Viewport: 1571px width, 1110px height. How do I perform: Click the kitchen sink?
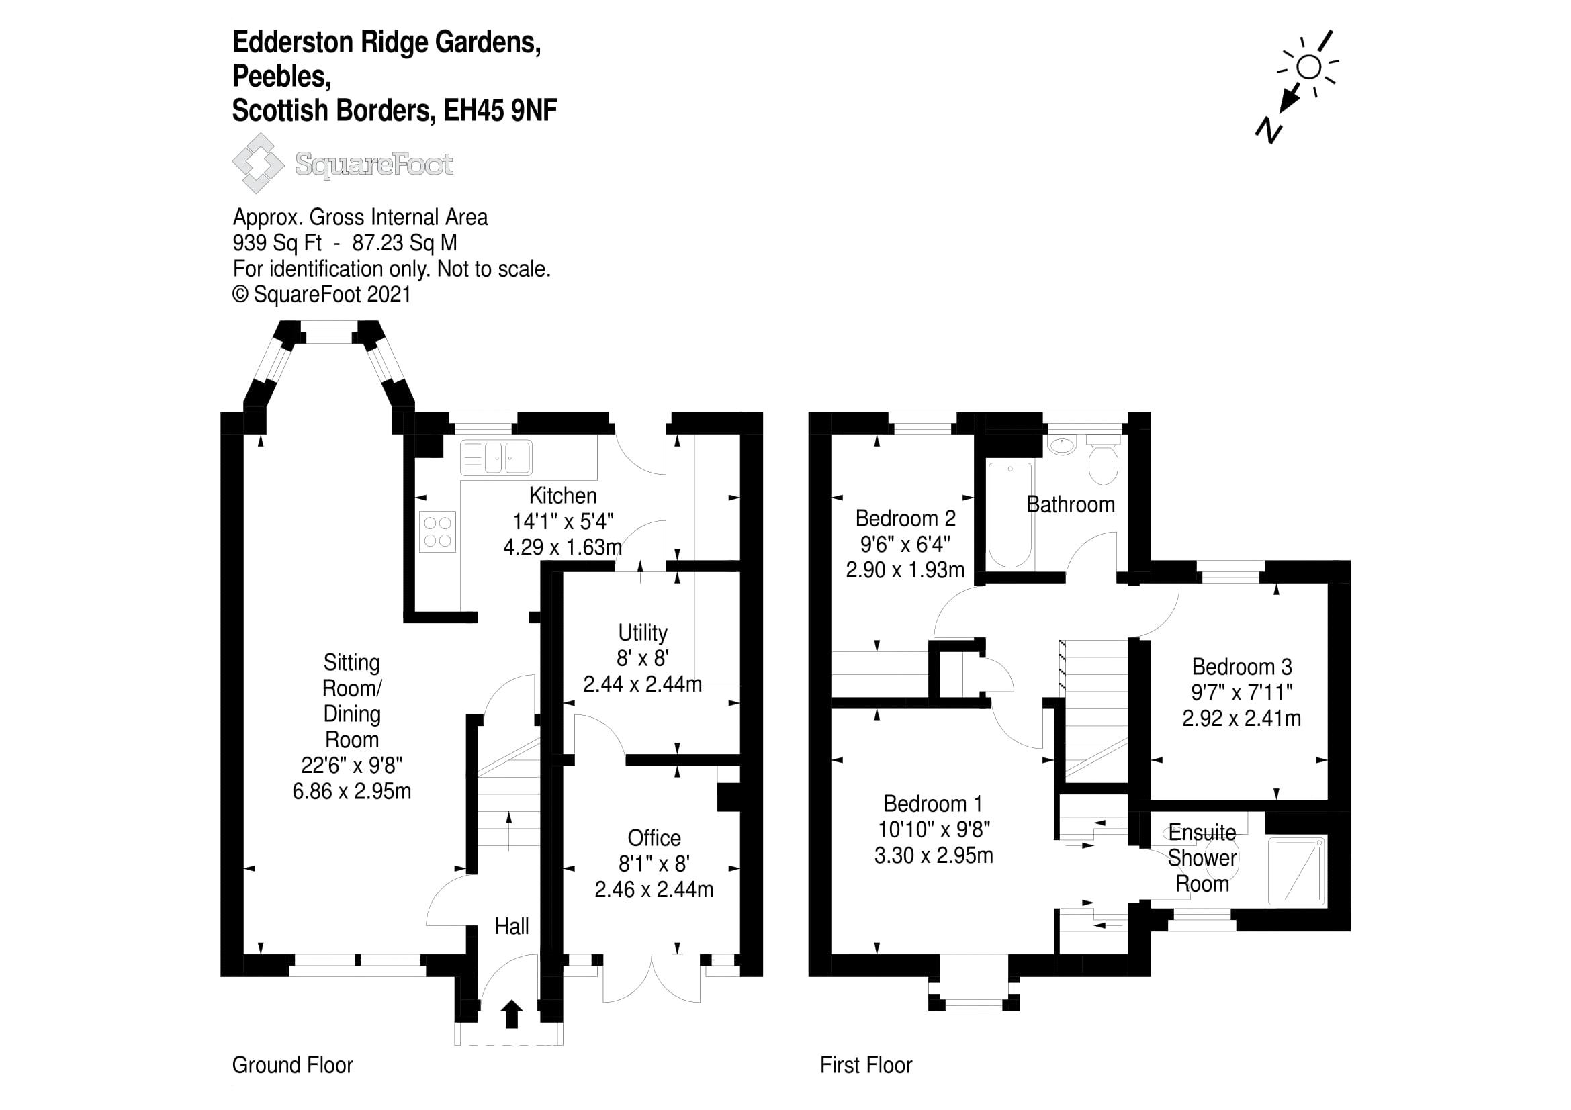click(x=497, y=457)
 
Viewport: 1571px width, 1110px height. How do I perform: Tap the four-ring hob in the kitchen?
click(x=437, y=531)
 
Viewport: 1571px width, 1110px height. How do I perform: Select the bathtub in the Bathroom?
click(x=1010, y=514)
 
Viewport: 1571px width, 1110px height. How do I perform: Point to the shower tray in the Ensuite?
click(x=1296, y=870)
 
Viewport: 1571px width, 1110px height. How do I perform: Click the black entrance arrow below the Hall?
click(x=511, y=1015)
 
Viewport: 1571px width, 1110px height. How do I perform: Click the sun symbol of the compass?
click(x=1309, y=67)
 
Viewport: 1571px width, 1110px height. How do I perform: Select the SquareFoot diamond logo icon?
click(x=258, y=163)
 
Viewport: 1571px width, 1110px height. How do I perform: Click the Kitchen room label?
click(x=562, y=495)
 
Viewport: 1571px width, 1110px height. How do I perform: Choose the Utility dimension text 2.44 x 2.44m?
click(x=642, y=684)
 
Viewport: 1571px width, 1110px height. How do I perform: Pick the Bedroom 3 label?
click(x=1241, y=666)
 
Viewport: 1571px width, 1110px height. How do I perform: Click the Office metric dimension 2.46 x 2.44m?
click(x=654, y=889)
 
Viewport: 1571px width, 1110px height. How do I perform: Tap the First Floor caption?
click(x=866, y=1065)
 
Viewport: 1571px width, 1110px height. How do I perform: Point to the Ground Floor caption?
click(x=292, y=1065)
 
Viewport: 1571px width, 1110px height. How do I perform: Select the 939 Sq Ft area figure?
click(x=277, y=243)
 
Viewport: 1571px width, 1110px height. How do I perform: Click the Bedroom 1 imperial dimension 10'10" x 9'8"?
click(x=934, y=829)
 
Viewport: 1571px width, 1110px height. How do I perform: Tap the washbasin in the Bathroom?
click(x=1061, y=445)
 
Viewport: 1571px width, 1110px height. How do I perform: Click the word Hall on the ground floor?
click(x=511, y=926)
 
